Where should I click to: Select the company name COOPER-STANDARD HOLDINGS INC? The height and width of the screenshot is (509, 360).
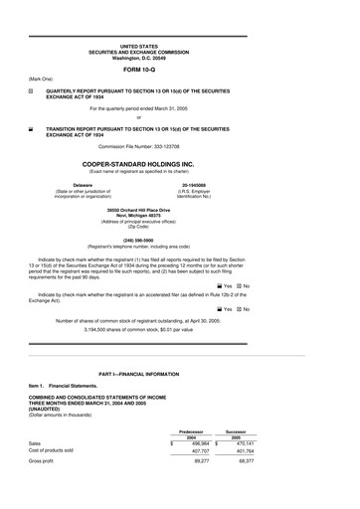[x=180, y=163]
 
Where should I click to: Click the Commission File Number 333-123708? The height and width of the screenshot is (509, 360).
[x=180, y=145]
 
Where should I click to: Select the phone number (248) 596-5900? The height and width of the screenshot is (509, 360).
[x=180, y=239]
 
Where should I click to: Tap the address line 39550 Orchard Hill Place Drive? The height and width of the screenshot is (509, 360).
[x=180, y=211]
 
